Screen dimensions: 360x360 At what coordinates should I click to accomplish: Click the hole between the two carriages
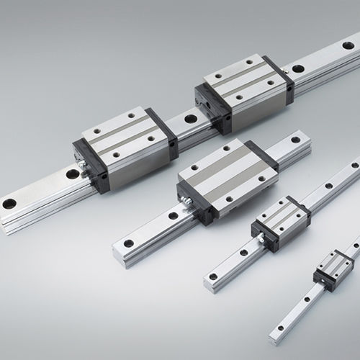[190, 119]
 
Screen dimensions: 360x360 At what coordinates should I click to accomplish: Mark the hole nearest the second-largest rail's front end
[129, 243]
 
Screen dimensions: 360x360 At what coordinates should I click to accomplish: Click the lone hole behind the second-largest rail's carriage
[294, 139]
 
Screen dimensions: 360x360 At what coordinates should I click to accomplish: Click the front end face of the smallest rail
[273, 337]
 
